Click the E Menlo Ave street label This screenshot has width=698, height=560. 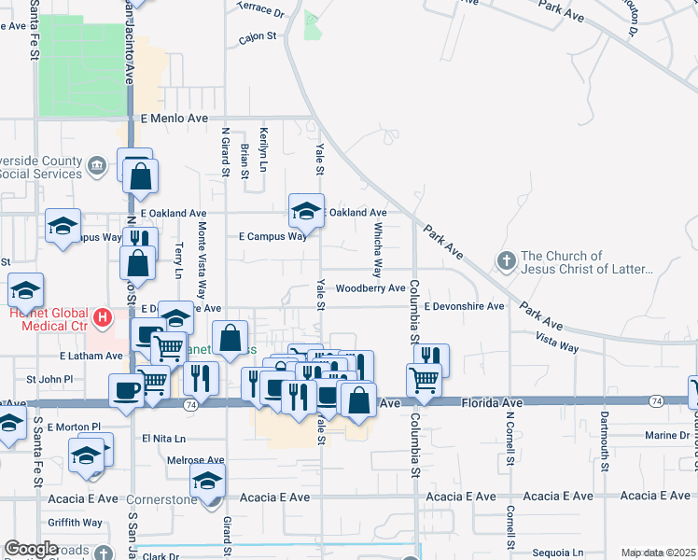pos(174,119)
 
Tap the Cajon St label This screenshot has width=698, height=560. pos(258,37)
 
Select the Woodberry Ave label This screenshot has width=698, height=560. pos(370,288)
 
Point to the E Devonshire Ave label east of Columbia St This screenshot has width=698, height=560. pos(464,306)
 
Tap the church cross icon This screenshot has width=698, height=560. pos(507,260)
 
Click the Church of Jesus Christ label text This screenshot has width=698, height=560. pos(586,262)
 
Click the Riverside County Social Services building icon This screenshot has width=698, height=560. pos(96,168)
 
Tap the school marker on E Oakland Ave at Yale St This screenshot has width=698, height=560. pos(306,210)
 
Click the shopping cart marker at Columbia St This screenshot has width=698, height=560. pos(424,380)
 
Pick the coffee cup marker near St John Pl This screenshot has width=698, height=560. pos(125,390)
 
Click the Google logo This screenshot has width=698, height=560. pos(31,549)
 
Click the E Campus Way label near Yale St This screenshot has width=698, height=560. pos(272,237)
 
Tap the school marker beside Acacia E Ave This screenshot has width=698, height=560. pos(208,483)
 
